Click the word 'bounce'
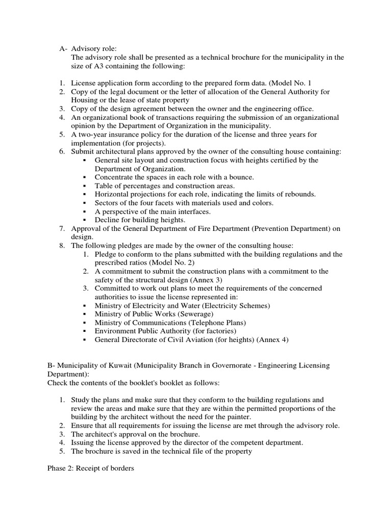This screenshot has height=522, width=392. [x=240, y=177]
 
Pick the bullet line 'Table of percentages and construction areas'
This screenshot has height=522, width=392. [x=165, y=186]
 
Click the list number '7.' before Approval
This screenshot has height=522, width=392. [x=61, y=228]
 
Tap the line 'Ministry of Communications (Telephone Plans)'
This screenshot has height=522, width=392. [x=170, y=323]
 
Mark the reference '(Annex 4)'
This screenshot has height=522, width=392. [x=272, y=340]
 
